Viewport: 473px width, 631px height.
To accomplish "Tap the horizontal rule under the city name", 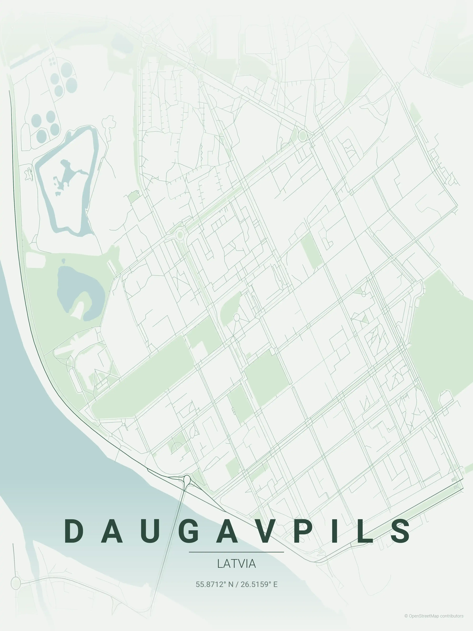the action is click(236, 552).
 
